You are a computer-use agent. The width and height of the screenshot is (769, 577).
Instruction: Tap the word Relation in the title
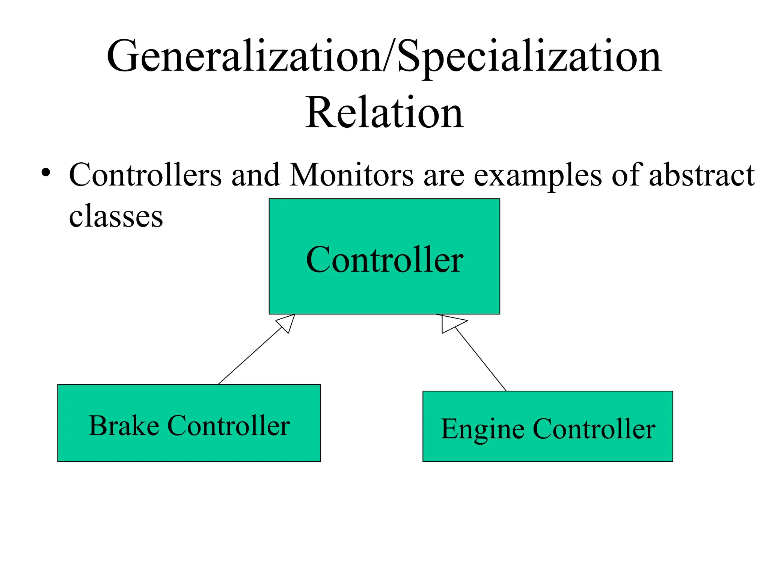(384, 113)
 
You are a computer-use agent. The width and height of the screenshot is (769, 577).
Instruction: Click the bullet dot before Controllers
(46, 173)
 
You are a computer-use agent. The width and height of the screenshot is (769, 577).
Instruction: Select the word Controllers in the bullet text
(145, 175)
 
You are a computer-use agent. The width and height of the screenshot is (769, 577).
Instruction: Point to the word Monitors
(351, 175)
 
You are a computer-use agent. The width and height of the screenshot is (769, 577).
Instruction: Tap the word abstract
(701, 175)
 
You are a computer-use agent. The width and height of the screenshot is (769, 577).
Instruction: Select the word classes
(116, 216)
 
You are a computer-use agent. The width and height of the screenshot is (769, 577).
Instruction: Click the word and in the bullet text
(255, 175)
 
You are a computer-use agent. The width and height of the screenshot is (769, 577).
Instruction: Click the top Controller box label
(384, 260)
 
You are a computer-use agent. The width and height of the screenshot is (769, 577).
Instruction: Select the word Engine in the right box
(482, 429)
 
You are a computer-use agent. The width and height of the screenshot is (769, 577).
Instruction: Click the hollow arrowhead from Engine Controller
(450, 323)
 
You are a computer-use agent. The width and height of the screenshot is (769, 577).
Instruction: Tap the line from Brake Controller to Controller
(250, 356)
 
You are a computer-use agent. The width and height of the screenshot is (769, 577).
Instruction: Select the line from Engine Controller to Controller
(481, 359)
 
